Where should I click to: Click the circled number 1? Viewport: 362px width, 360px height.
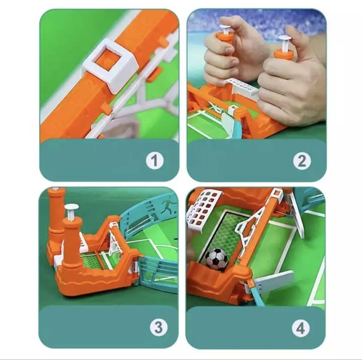(155, 160)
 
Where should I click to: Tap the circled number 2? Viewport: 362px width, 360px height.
(302, 160)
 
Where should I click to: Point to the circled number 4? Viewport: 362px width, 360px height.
(300, 328)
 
